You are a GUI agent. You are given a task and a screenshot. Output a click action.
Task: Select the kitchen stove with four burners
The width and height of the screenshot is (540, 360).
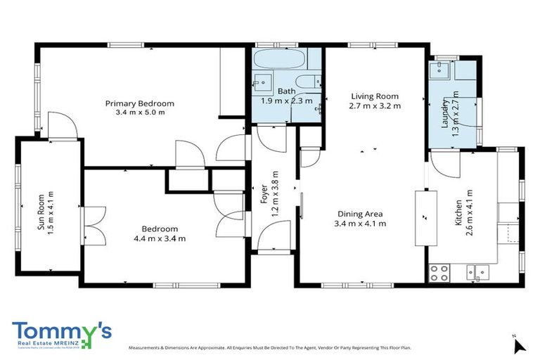[439, 272]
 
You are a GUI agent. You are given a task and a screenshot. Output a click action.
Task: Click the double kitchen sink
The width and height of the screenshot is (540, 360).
[481, 272]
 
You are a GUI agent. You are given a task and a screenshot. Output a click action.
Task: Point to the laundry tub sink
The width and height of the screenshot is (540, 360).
[442, 69]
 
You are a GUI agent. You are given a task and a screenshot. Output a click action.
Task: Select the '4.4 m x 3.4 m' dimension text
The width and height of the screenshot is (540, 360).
[160, 238]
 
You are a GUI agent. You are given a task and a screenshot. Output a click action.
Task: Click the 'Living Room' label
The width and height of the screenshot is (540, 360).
[374, 96]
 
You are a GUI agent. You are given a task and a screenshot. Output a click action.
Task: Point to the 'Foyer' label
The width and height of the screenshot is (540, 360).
[265, 194]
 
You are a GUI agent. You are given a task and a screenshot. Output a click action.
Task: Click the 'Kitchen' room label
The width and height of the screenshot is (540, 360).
[459, 213]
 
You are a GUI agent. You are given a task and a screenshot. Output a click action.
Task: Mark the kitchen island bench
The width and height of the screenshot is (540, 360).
[425, 217]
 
